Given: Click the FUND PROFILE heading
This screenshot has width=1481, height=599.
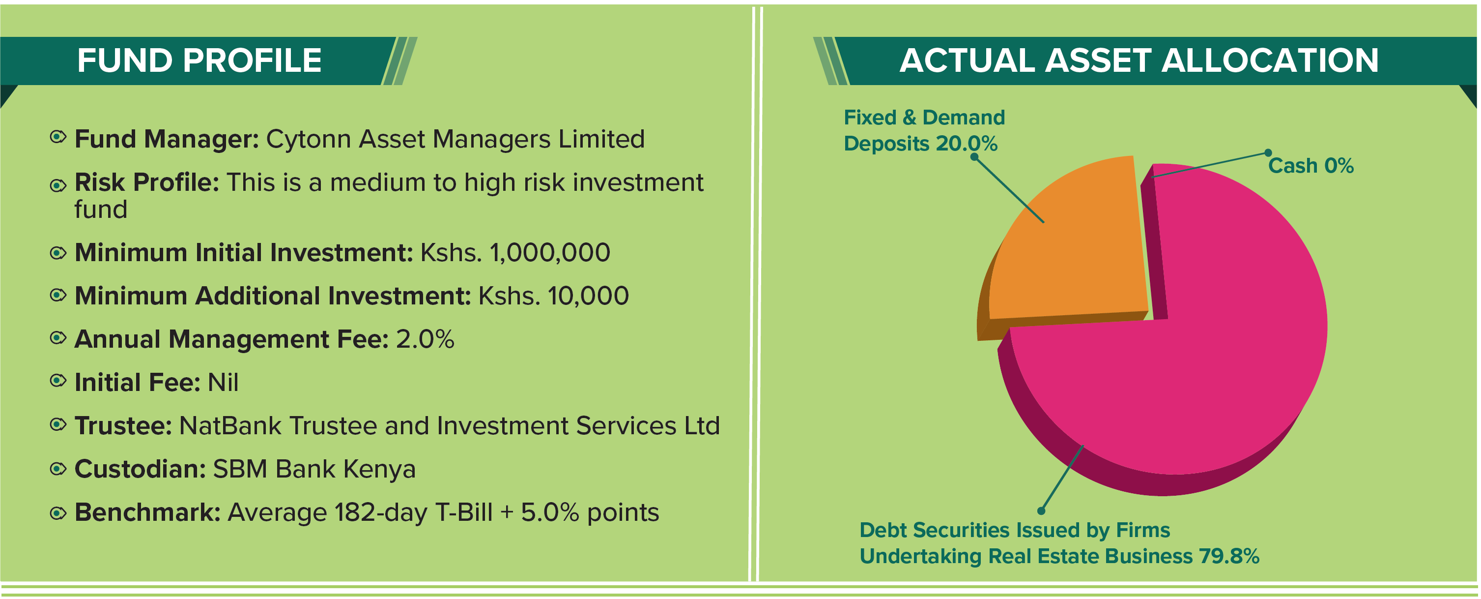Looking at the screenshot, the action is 199,60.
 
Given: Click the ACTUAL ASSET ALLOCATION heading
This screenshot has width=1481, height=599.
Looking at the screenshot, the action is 1139,60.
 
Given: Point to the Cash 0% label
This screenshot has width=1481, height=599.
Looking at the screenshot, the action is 1311,166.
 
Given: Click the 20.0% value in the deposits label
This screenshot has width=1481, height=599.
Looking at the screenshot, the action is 967,143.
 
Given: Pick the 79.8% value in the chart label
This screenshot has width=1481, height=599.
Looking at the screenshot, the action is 1228,556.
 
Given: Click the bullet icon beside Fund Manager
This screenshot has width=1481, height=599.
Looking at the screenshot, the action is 57,137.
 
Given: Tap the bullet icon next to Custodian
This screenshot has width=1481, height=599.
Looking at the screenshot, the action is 57,469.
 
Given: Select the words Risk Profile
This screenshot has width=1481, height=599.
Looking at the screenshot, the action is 146,182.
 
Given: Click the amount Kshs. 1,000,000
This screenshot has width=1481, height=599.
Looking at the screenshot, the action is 515,253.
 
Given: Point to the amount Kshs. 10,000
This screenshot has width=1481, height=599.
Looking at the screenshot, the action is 554,296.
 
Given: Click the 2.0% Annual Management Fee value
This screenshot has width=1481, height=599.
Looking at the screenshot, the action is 426,339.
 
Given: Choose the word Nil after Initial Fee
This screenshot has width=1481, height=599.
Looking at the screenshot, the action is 223,382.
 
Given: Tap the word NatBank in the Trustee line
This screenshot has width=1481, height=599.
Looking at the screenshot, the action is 230,426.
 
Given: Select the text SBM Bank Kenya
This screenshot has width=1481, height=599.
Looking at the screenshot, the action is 314,469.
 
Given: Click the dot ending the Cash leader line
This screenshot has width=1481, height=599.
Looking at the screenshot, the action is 1268,152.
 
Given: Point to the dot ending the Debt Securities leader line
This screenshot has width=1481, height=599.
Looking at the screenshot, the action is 1041,511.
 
